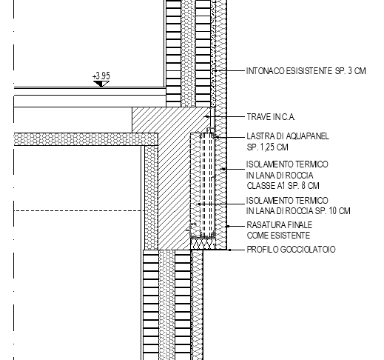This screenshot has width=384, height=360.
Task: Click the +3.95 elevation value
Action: (101, 76)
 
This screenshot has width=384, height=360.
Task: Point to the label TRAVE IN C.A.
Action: (271, 117)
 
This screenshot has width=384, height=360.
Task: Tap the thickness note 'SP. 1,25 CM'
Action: (267, 147)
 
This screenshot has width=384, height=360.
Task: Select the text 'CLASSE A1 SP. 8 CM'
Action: (283, 186)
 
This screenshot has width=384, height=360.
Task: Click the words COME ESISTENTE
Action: (278, 236)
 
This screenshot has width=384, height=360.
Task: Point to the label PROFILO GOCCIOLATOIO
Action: (291, 250)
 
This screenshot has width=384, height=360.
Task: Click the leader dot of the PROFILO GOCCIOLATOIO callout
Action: (230, 250)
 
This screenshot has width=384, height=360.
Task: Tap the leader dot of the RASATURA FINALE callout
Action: (228, 226)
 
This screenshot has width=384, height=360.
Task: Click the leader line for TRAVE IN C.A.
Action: (225, 116)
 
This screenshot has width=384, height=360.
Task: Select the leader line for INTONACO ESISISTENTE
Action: (229, 71)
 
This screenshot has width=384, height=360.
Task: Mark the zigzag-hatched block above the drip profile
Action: (203, 244)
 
